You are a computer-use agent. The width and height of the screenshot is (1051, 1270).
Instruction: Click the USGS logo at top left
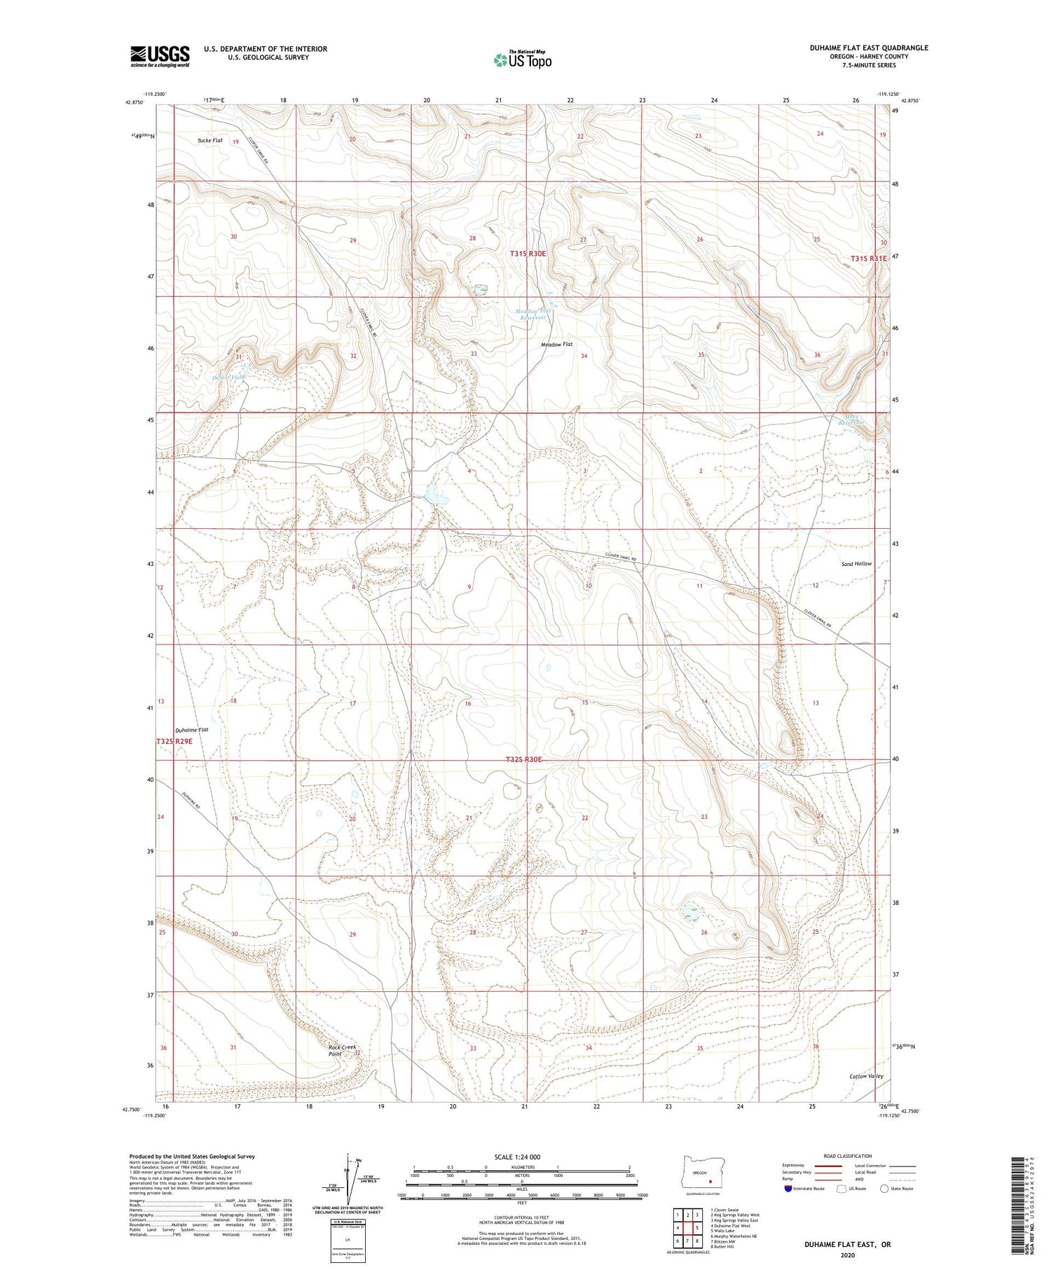(x=160, y=56)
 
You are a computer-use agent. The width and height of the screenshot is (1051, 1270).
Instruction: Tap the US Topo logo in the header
(x=522, y=60)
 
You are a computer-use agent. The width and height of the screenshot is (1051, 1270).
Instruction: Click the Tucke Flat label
(x=209, y=140)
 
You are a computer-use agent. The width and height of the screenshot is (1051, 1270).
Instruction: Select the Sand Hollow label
(x=856, y=563)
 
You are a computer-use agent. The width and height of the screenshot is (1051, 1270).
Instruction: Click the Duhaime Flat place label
(x=192, y=729)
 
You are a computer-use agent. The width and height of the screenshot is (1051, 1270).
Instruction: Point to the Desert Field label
(x=230, y=377)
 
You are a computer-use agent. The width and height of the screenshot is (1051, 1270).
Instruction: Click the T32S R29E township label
(x=174, y=740)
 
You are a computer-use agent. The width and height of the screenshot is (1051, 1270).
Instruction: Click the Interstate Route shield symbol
(x=788, y=1188)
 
